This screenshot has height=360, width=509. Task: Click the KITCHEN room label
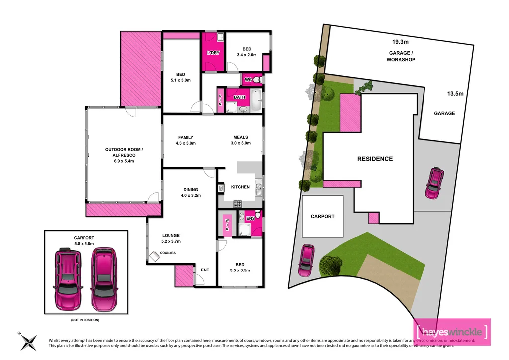(240, 187)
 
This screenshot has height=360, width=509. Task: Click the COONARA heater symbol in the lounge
(153, 256)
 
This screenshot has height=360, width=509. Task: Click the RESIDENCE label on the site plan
(375, 159)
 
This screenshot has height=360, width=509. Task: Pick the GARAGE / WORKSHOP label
(401, 56)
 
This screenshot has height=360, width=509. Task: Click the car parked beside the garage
(434, 183)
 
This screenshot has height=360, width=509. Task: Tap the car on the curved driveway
(306, 259)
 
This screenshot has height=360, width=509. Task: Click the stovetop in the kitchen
(238, 203)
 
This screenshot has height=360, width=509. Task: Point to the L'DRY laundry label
(213, 53)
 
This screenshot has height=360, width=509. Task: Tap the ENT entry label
(205, 270)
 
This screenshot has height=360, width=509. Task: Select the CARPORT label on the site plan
(323, 216)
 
